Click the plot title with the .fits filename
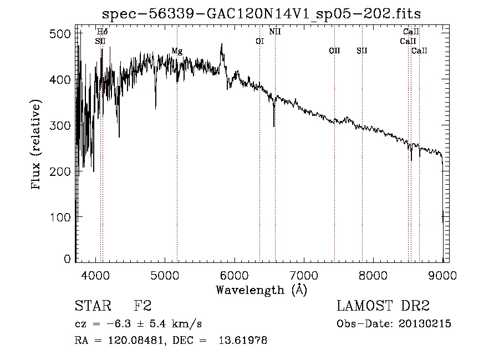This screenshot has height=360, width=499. (x=266, y=14)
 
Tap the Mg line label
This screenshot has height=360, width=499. (x=176, y=51)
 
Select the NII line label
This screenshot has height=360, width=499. (x=275, y=32)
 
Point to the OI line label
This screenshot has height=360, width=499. (x=259, y=41)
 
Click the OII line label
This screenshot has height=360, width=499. (x=334, y=51)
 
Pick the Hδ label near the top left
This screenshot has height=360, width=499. (x=103, y=32)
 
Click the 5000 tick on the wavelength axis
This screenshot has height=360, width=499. (x=165, y=275)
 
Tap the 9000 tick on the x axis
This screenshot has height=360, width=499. (x=442, y=275)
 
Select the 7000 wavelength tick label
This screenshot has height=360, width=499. (x=304, y=275)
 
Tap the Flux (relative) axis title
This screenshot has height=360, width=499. (x=37, y=145)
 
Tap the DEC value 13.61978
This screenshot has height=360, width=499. (x=245, y=341)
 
